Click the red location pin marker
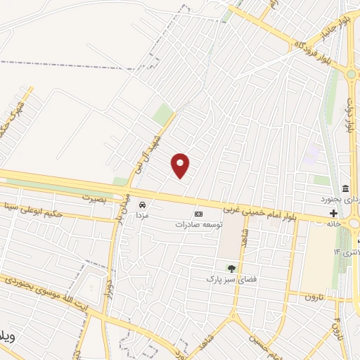181,165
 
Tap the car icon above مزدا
142,204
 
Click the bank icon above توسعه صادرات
198,214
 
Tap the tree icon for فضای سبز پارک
231,268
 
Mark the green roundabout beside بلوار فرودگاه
350,73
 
